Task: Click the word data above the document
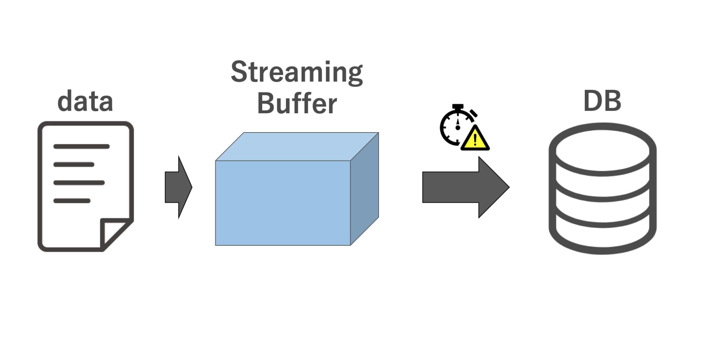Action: pos(85,102)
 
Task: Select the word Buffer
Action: pos(297,104)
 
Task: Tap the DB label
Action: pos(602,101)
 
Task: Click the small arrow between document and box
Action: pos(178,187)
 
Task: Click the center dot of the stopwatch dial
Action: pos(458,128)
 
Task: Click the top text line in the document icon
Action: pos(81,147)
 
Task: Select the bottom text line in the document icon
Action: pos(72,201)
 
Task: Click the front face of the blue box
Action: pos(283,203)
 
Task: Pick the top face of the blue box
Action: pos(297,147)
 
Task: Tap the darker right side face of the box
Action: pos(365,189)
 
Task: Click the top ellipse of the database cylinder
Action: pos(602,149)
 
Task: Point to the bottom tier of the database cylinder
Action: pos(602,238)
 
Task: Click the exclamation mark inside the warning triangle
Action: pos(475,140)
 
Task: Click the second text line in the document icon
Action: pos(74,164)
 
